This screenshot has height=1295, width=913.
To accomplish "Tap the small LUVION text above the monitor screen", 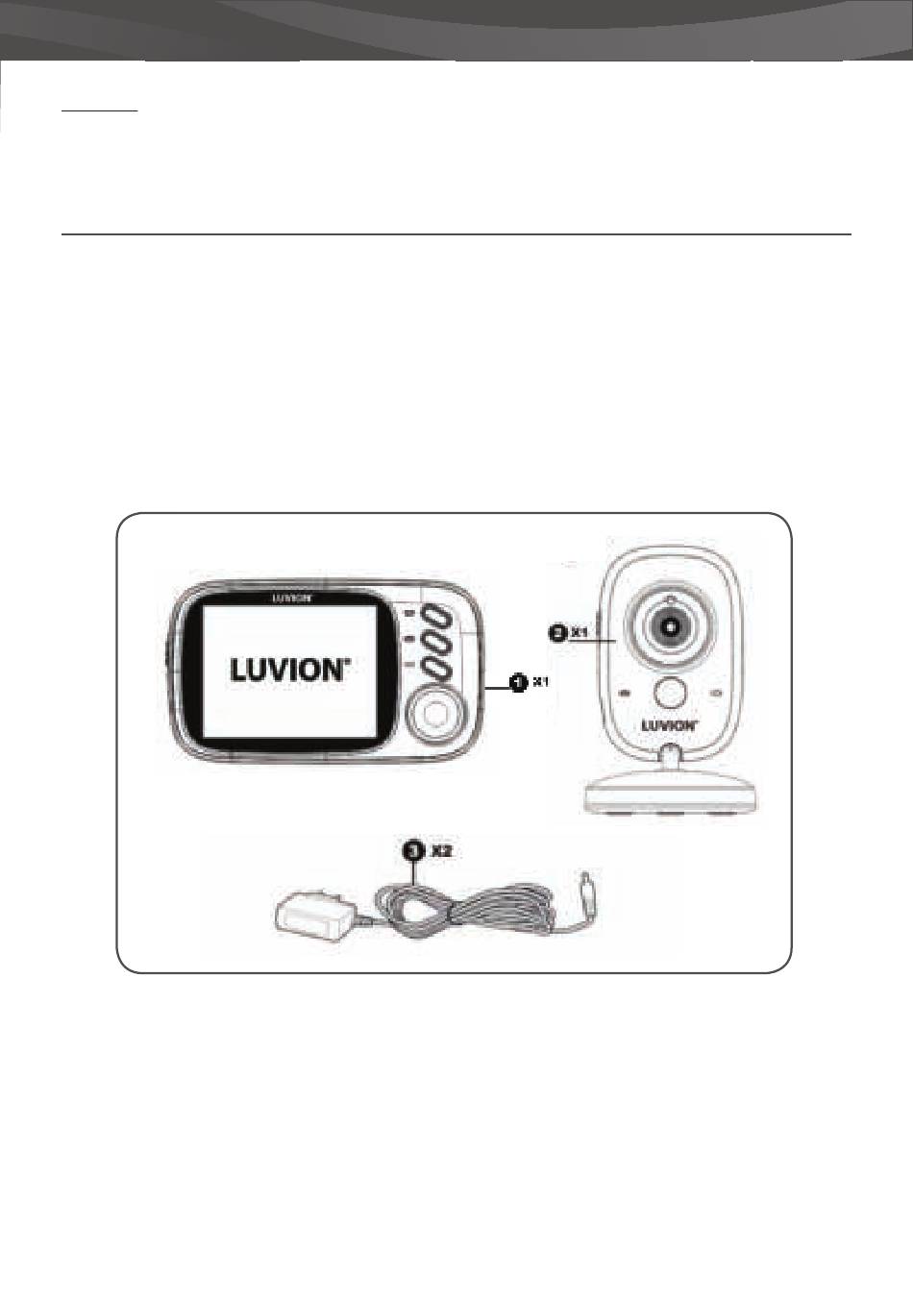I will pyautogui.click(x=289, y=597).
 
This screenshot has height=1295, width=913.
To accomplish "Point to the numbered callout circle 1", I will pyautogui.click(x=518, y=682).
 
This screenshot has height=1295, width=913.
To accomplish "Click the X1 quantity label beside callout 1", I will pyautogui.click(x=540, y=682).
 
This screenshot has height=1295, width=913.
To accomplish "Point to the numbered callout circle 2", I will pyautogui.click(x=557, y=632).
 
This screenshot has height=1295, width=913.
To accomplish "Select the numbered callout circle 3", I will pyautogui.click(x=413, y=851).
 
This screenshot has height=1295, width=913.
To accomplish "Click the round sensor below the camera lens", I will pyautogui.click(x=670, y=692).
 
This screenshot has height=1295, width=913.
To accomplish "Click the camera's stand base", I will pyautogui.click(x=669, y=794).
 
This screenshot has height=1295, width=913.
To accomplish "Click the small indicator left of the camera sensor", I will pyautogui.click(x=625, y=693).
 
